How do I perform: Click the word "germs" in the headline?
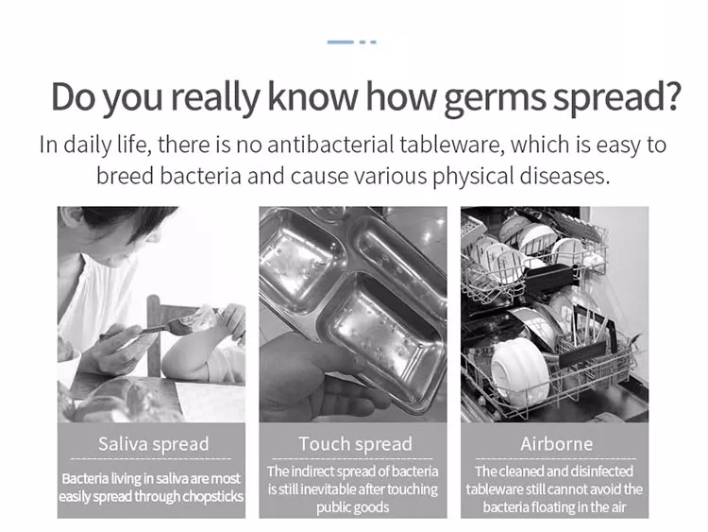pos(496,97)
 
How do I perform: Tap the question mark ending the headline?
pos(671,95)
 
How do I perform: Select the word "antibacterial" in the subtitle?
pos(331,145)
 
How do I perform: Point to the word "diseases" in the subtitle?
pos(565,176)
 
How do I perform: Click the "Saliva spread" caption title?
pos(154,444)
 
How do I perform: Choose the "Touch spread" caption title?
pos(355,444)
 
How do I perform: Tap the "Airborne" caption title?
pos(556,444)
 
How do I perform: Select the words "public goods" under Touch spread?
pos(353,507)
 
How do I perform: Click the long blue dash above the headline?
pos(341,42)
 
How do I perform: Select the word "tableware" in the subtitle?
pos(452,145)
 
